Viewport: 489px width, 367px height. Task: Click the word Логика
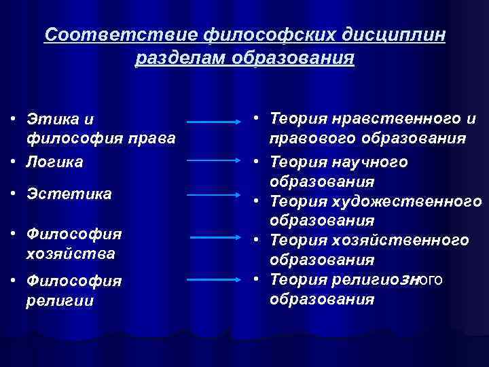pos(55,162)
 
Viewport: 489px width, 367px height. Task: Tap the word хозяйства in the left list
pos(71,254)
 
